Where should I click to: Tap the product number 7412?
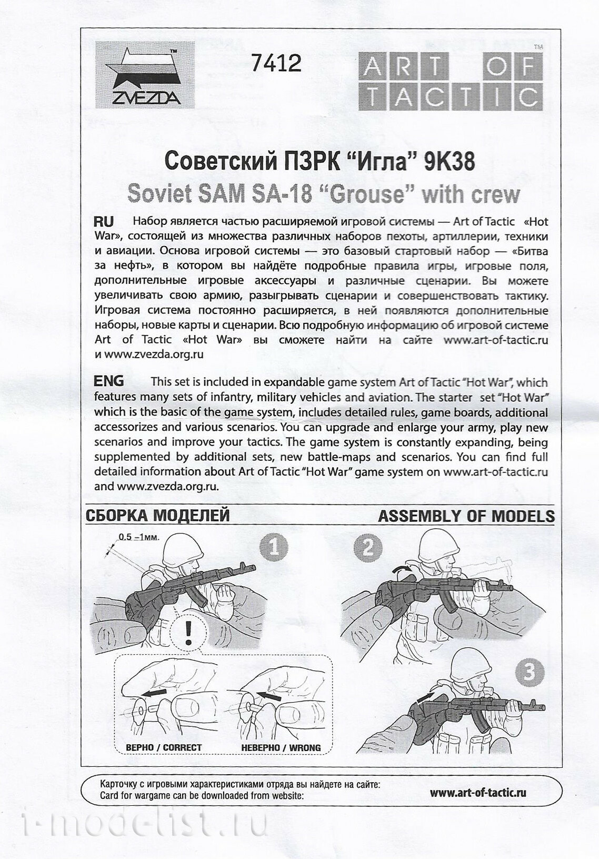[x=276, y=63]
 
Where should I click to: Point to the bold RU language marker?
[x=103, y=221]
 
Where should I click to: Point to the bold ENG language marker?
[x=109, y=381]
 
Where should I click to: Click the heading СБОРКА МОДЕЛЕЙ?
[x=157, y=515]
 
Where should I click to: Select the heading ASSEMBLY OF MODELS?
[x=466, y=516]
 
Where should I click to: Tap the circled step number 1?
[x=274, y=548]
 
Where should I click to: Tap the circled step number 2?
[x=367, y=548]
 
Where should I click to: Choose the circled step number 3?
[x=529, y=672]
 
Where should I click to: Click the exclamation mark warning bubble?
[x=188, y=631]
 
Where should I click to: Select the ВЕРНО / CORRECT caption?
[x=164, y=747]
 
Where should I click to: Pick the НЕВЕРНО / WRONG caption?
[x=281, y=747]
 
